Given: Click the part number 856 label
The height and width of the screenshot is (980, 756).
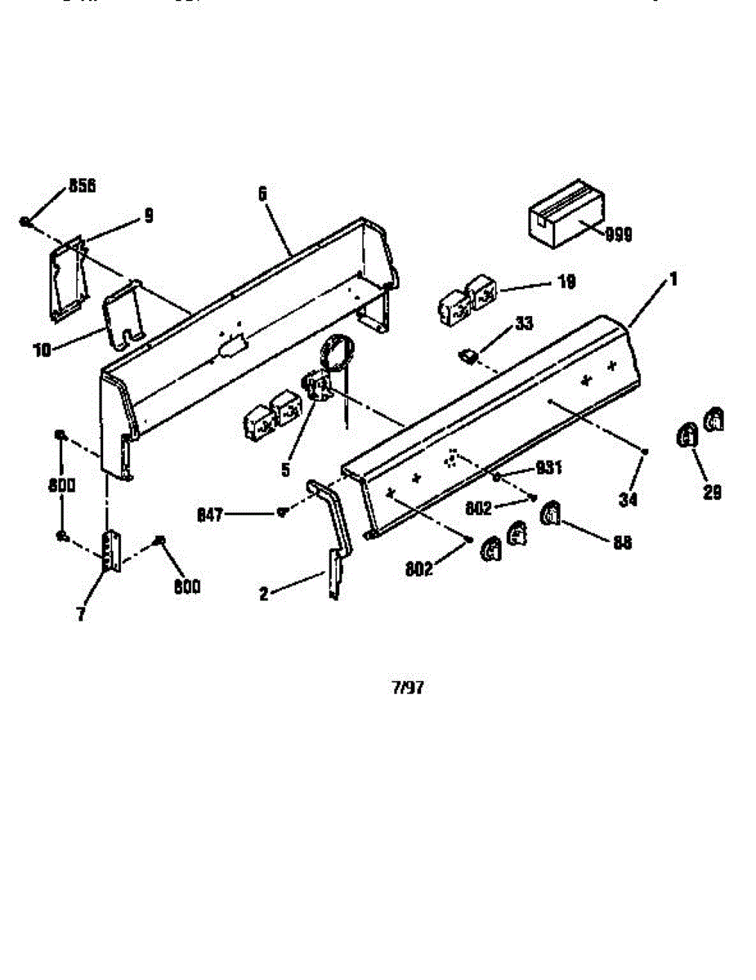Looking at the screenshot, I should pos(82,186).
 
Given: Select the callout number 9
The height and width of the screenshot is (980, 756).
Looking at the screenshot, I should pos(148,216).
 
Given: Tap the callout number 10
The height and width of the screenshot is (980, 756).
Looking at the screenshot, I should pos(42,350).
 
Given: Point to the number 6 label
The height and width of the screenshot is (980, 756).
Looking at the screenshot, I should pos(262,194).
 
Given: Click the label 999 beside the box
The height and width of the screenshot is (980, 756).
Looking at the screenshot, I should pos(619,235).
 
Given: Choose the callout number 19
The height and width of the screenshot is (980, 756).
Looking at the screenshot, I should pos(566,283).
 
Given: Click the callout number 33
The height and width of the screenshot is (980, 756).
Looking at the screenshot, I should pos(524,324).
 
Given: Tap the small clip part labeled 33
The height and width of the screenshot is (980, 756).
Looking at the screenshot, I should pos(468,355).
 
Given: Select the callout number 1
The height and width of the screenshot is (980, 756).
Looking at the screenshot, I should pos(673,279).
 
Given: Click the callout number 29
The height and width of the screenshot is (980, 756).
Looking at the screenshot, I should pos(712,493).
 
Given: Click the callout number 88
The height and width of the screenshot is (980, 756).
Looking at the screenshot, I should pos(622,542).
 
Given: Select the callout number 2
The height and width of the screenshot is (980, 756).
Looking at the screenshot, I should pos(264,595).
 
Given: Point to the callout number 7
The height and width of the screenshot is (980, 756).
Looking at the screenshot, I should pos(81,615).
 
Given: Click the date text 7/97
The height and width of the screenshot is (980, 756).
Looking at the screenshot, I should pos(409,688).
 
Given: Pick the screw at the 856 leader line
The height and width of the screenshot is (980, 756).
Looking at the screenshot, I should pos(26,221).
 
